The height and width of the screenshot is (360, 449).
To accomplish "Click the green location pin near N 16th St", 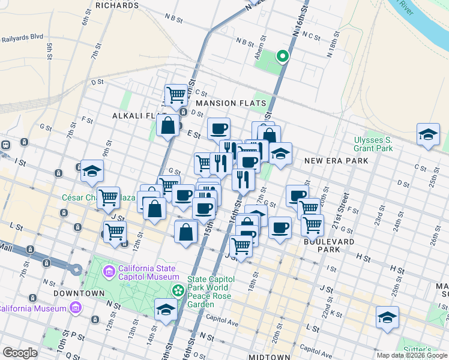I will [282, 56].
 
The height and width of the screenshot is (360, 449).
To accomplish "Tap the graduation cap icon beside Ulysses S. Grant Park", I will [427, 135].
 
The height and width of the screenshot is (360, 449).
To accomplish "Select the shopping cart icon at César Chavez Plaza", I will [108, 196].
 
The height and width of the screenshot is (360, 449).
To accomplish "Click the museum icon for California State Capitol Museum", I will [109, 272].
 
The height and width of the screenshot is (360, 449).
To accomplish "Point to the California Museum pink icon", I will [75, 308].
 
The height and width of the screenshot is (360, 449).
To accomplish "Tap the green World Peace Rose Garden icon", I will [178, 291].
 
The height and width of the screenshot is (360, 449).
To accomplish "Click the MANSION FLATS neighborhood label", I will [231, 103].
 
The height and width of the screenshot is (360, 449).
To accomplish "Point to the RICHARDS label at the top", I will [116, 5].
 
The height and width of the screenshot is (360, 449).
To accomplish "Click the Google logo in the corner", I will [20, 353].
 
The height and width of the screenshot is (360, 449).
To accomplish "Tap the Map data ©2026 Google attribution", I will [412, 355].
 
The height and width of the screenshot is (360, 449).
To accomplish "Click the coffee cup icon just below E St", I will [218, 128].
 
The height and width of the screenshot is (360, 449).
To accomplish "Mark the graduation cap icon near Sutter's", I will [387, 317].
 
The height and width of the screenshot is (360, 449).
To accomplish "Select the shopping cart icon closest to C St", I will [176, 94].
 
